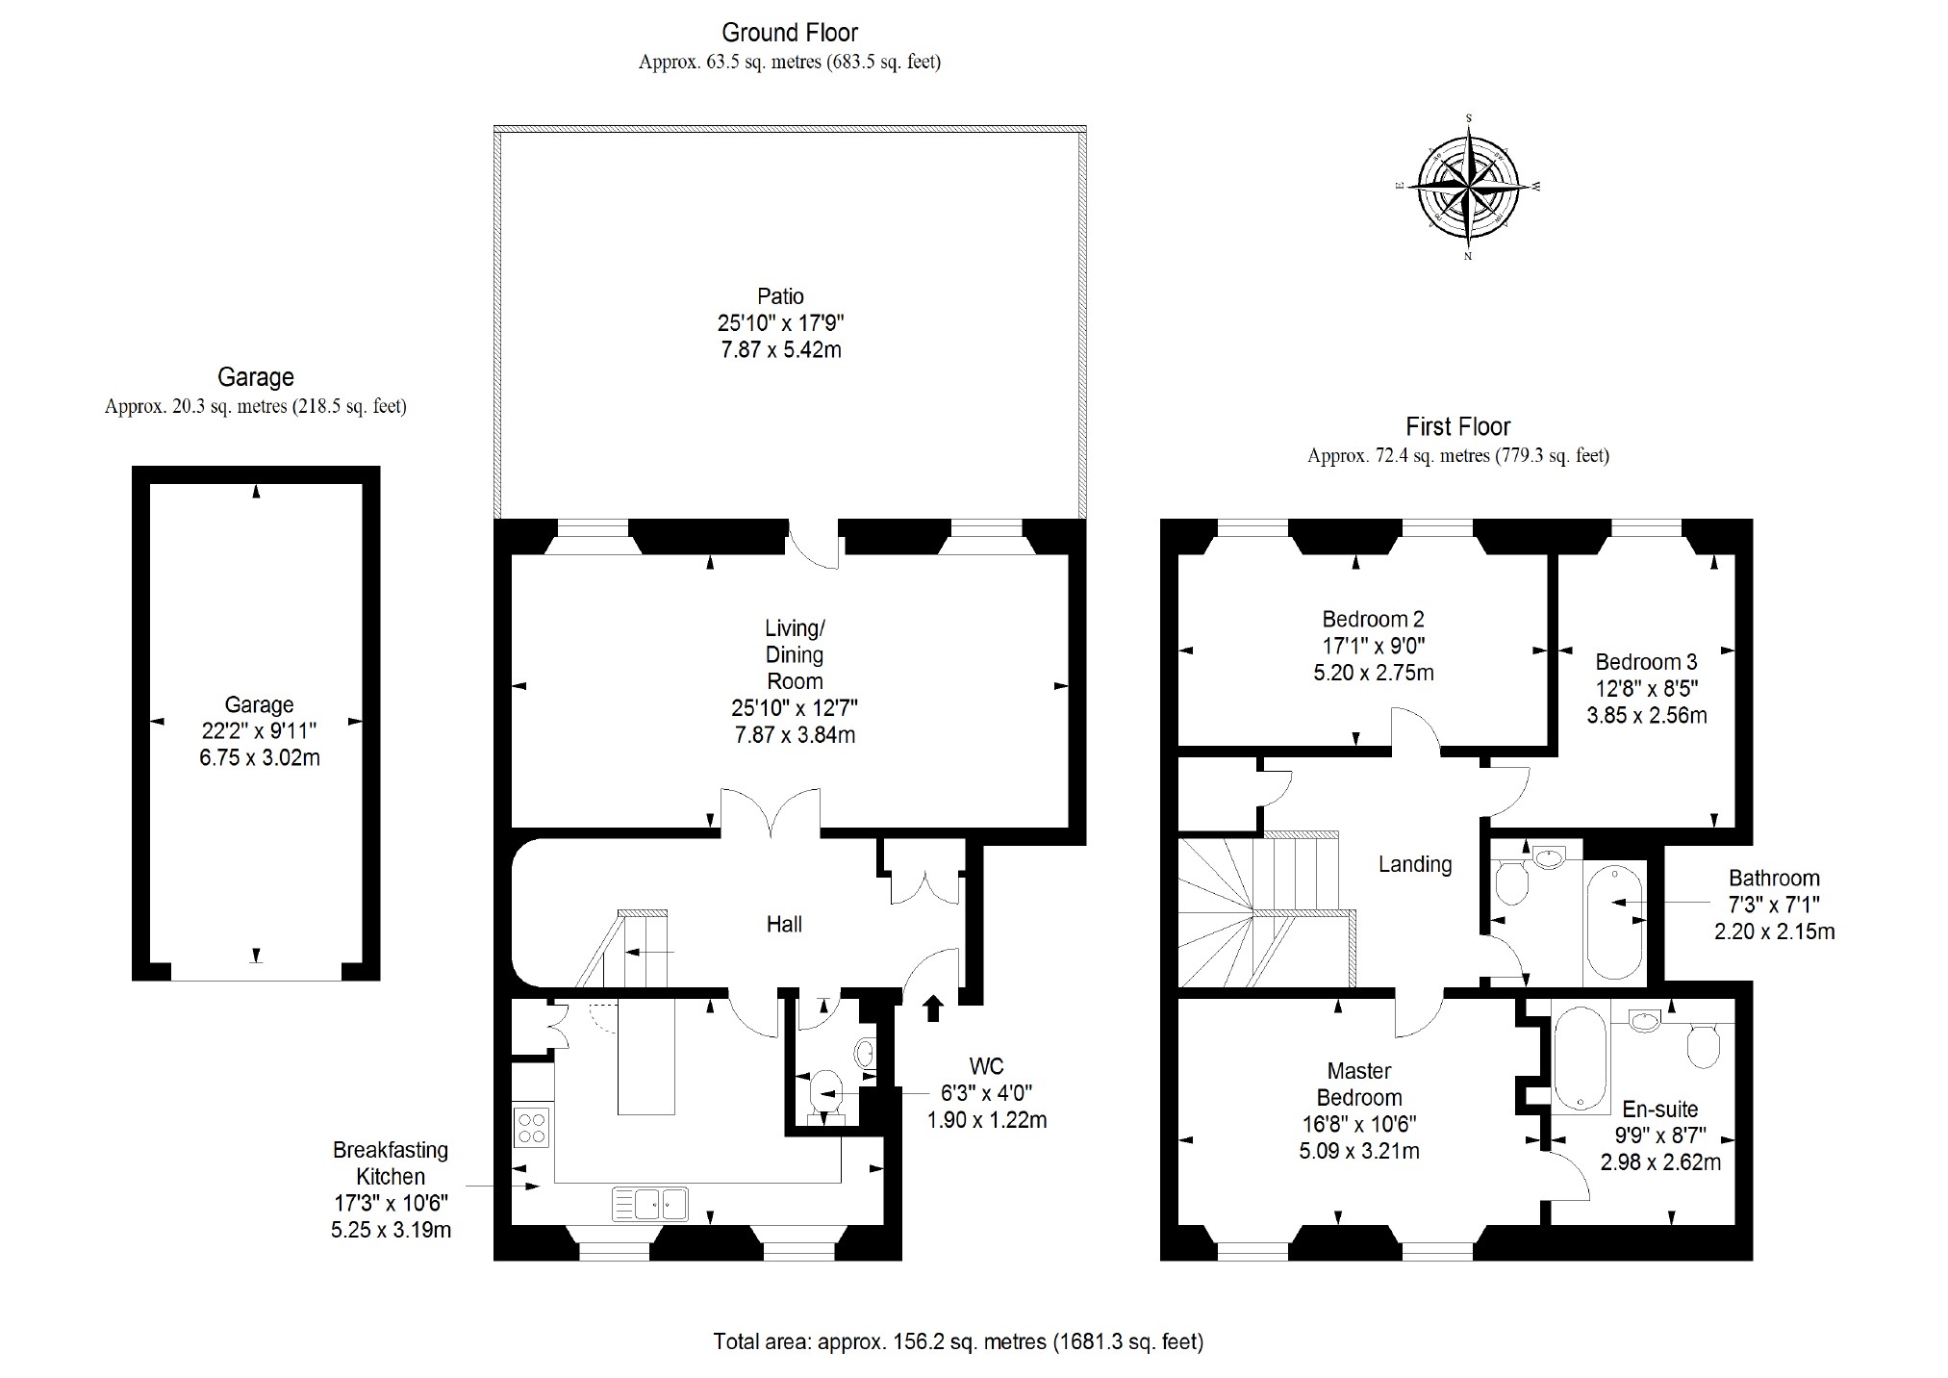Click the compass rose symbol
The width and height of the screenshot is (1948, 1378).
coord(1468,187)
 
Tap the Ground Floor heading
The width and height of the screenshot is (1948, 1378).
coord(790,33)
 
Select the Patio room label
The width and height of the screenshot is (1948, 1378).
coord(780,296)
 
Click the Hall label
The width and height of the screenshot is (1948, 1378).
coord(784,925)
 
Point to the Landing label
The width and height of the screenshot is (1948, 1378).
coord(1415,864)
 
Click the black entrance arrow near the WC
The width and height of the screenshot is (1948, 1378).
coord(932,1008)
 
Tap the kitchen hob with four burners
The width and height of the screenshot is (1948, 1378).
coord(532,1127)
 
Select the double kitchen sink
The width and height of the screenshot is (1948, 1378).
coord(650,1204)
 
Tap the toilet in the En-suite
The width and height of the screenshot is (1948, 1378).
coord(1704,1043)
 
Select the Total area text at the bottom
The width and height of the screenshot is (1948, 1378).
coord(958,1341)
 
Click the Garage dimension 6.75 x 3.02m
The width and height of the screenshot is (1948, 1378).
coord(260,758)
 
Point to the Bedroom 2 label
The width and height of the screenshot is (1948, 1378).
coord(1373,619)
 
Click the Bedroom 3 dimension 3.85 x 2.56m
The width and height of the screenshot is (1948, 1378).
coord(1646,716)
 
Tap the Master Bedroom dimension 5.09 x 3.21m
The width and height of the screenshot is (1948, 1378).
coord(1359,1151)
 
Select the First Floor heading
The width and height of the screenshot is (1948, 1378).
coord(1458,426)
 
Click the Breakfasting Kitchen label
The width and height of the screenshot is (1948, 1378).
coord(391,1162)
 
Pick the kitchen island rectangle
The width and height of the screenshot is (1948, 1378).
coord(646,1057)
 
